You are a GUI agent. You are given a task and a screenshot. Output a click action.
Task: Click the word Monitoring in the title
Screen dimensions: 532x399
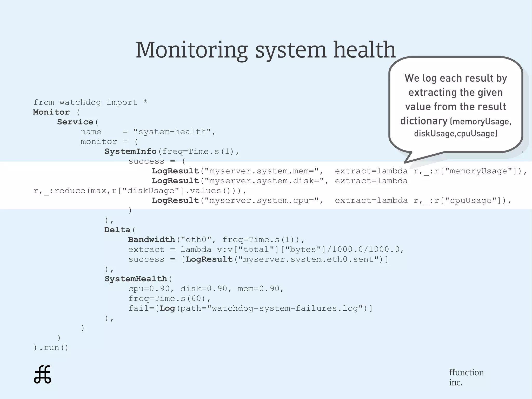192,50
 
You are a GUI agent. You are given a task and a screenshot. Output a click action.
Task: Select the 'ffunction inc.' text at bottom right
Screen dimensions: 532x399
466,377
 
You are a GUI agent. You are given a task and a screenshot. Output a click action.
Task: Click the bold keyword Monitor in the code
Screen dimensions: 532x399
51,112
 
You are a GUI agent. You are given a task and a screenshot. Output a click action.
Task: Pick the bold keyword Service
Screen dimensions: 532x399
75,122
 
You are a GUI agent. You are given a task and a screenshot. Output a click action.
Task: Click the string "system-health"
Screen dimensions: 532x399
172,132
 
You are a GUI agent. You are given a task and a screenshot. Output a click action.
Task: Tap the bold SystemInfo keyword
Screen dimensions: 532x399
130,152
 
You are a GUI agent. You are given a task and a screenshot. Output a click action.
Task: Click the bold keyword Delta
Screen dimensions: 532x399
117,230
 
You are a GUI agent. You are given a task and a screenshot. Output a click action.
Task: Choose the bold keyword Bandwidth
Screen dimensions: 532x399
151,240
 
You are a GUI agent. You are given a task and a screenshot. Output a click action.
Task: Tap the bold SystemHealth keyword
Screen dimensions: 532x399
136,279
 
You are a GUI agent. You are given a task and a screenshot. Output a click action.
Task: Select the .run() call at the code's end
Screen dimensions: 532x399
53,348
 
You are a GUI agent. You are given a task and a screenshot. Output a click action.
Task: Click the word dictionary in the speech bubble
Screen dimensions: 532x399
424,121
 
